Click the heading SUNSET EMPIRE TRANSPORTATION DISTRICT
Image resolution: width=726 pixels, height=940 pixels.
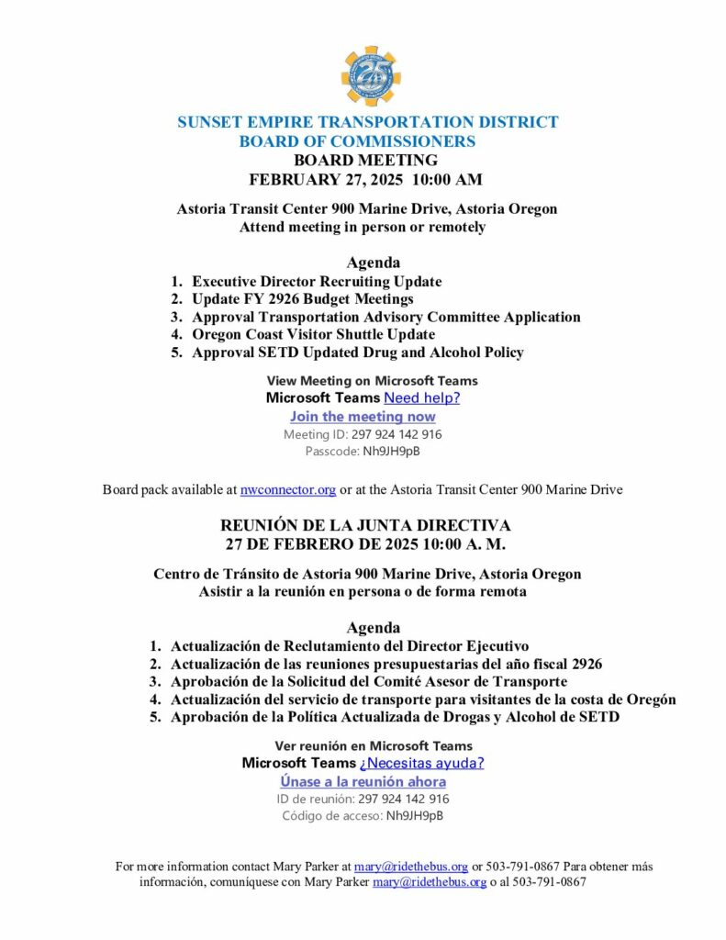367,122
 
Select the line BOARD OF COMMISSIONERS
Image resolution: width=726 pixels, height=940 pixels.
357,141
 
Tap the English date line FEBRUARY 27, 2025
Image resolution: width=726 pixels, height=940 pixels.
365,179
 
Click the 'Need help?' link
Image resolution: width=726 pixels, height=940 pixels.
421,398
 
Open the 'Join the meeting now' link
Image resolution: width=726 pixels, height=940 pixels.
363,417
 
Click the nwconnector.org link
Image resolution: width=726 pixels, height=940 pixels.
287,490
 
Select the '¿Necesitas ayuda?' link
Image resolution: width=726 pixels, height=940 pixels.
421,763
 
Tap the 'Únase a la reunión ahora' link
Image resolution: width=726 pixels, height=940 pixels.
363,781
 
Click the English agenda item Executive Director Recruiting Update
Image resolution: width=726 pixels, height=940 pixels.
317,282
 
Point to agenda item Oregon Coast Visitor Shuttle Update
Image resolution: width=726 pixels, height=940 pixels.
313,334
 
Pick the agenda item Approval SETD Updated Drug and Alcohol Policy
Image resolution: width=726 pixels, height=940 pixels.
357,352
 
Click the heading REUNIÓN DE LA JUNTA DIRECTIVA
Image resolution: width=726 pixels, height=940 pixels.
365,526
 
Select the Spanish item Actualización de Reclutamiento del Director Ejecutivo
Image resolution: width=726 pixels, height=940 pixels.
349,646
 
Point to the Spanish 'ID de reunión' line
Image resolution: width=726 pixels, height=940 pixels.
363,799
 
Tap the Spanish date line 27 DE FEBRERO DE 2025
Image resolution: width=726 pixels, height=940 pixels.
365,543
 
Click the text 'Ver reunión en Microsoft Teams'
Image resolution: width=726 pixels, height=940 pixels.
374,746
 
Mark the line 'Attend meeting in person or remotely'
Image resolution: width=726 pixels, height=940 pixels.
363,227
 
